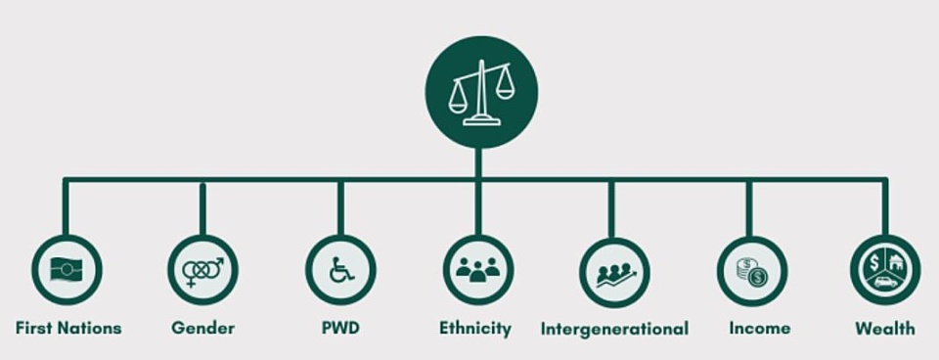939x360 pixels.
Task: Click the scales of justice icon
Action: pos(481,92)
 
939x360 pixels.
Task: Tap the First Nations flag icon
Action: pos(67,270)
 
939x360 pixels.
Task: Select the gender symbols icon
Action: pos(203,271)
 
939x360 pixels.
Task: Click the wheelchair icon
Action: pos(340,270)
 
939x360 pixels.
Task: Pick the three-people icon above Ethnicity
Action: pos(478,270)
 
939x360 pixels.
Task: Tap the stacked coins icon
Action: pos(751,271)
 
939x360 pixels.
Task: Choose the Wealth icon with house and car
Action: pos(885,270)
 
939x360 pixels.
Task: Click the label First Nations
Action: pos(68,329)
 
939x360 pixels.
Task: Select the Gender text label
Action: pos(203,329)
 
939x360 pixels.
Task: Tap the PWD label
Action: pos(340,329)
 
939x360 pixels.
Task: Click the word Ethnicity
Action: pos(475,329)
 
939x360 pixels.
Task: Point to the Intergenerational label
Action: pos(614,330)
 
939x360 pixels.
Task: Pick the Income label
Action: pos(759,329)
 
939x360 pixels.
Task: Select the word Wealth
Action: pos(885,329)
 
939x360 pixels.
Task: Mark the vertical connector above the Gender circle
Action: pos(203,208)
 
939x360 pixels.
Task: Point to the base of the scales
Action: pos(481,121)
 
